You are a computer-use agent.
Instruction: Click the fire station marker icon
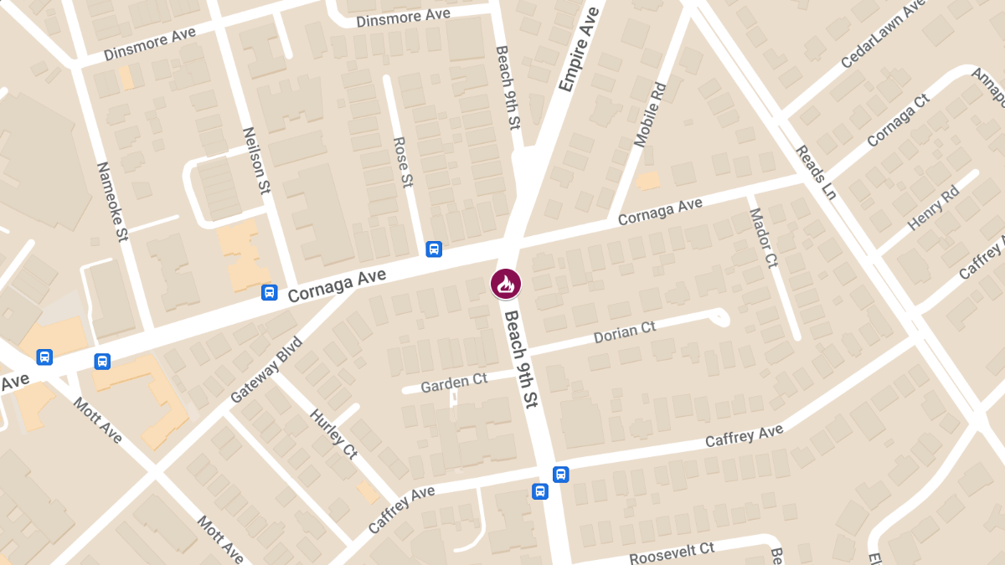pos(506,284)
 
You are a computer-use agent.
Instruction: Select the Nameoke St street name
pos(111,202)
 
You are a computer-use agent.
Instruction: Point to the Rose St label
pos(404,162)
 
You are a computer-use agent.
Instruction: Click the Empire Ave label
pos(579,49)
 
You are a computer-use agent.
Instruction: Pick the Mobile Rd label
pos(650,115)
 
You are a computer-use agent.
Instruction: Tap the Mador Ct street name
pos(763,238)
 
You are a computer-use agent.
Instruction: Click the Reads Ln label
pos(815,172)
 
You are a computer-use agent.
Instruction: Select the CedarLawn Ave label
pos(881,35)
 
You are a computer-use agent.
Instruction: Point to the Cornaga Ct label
pos(898,121)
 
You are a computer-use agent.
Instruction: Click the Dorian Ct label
pos(624,333)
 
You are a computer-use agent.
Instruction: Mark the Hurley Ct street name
pos(333,433)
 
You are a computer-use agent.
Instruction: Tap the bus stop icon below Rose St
pos(434,249)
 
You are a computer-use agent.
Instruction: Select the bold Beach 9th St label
pos(519,356)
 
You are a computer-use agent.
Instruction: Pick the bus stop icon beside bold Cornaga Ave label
pos(269,292)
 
